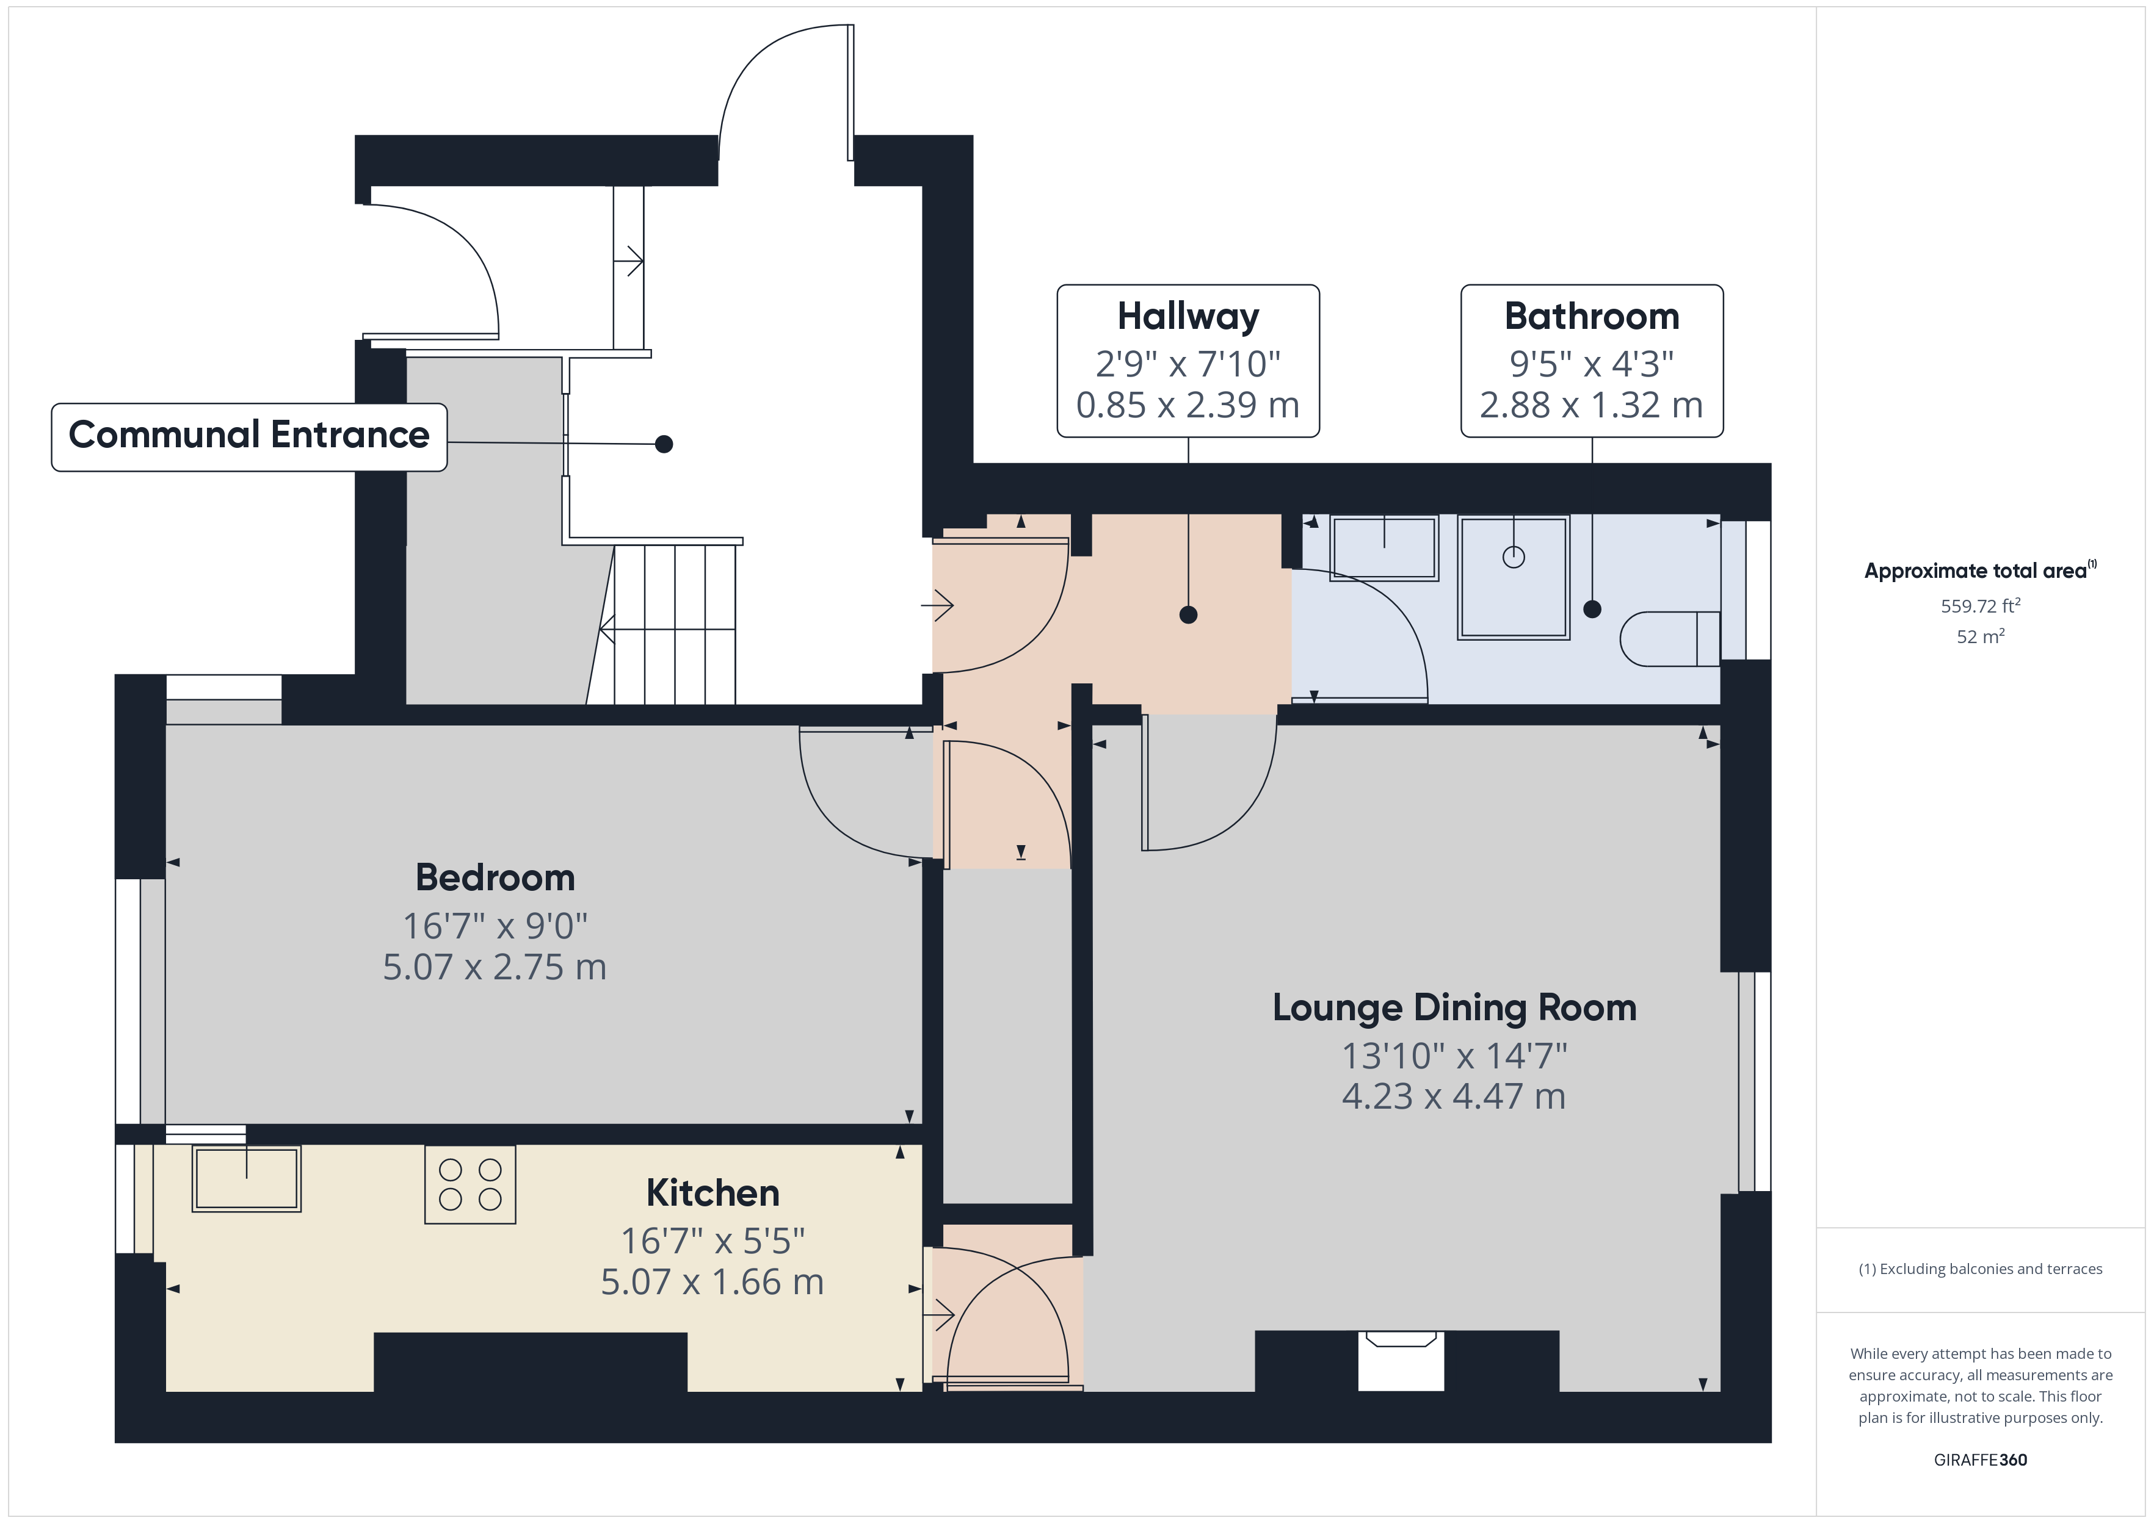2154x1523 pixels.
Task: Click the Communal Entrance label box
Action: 248,436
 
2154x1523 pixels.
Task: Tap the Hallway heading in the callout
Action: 1188,316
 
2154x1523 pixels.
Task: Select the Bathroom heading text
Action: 1591,316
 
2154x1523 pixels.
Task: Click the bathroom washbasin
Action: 1383,548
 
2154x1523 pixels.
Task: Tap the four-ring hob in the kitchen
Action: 470,1184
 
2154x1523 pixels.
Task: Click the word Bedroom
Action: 495,878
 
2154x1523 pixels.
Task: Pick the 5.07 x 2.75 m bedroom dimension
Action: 495,967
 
